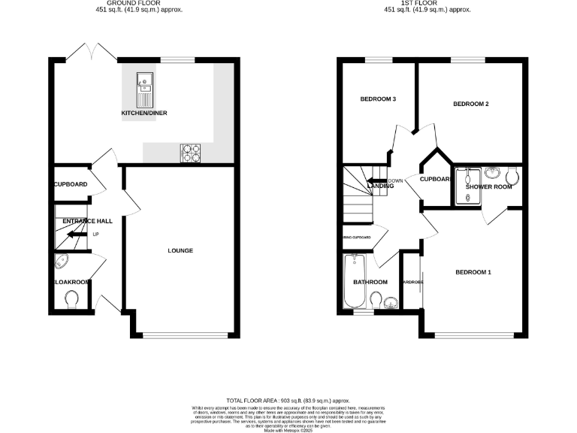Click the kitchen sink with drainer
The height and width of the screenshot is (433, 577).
point(143,89)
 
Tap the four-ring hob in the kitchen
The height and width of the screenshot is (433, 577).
point(191,153)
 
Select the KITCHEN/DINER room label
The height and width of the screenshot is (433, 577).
point(144,114)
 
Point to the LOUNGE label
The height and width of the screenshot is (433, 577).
point(180,250)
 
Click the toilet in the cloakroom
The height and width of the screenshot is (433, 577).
point(73,300)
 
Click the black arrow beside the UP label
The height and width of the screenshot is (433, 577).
point(74,235)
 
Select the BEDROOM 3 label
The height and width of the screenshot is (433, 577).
point(378,99)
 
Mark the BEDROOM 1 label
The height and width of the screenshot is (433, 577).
point(473,271)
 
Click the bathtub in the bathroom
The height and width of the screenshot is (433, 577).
point(353,282)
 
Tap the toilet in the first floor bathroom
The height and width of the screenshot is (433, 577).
point(376,301)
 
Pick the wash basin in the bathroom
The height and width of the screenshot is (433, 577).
point(389,303)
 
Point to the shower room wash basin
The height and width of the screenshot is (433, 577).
point(493,171)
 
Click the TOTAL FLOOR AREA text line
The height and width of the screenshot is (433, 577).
point(288,401)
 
